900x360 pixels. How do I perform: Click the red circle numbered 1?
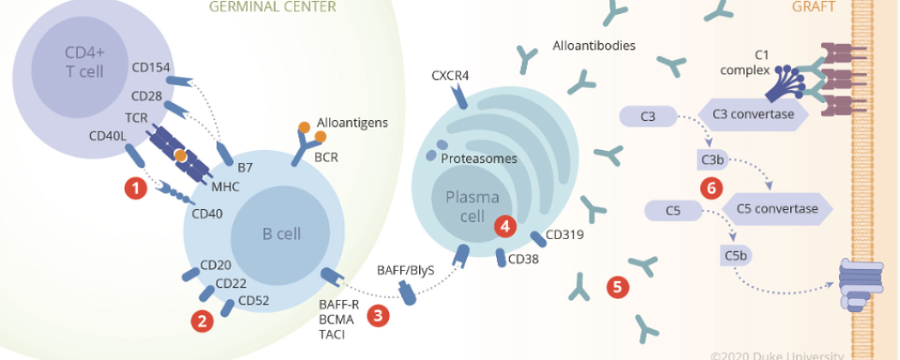pyautogui.click(x=137, y=188)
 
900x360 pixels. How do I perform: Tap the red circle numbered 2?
pyautogui.click(x=201, y=321)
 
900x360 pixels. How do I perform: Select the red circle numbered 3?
pyautogui.click(x=378, y=315)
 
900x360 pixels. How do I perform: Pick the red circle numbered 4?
pyautogui.click(x=505, y=225)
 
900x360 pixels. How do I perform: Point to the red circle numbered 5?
pyautogui.click(x=616, y=287)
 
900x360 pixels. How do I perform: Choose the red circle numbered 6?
pyautogui.click(x=712, y=187)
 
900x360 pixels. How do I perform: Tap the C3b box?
pyautogui.click(x=712, y=159)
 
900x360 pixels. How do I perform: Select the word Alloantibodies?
pyautogui.click(x=595, y=45)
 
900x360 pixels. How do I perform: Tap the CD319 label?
pyautogui.click(x=563, y=233)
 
